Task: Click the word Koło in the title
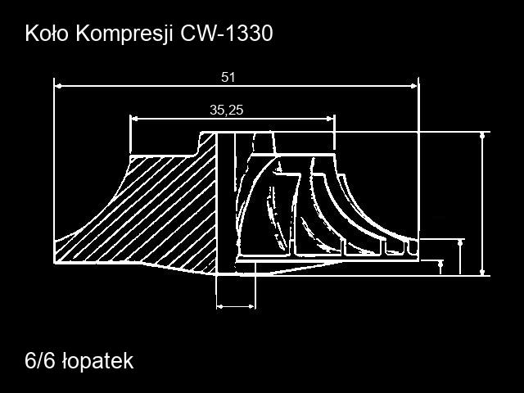(46, 34)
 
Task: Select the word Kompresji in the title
(124, 34)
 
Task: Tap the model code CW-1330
(227, 34)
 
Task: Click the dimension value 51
(228, 77)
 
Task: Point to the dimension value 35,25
(227, 110)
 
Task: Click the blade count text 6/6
(39, 360)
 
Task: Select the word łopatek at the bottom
(98, 361)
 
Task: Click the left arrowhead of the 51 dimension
(58, 86)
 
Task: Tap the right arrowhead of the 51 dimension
(414, 86)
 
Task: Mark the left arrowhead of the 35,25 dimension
(134, 118)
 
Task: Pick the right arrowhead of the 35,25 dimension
(330, 118)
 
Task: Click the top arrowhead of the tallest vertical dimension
(482, 136)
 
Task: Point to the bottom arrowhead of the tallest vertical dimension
(482, 272)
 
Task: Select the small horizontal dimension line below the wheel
(236, 306)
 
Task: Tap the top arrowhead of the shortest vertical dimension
(440, 264)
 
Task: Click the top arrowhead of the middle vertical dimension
(461, 243)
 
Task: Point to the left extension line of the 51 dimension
(54, 170)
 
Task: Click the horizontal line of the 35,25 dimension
(233, 118)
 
